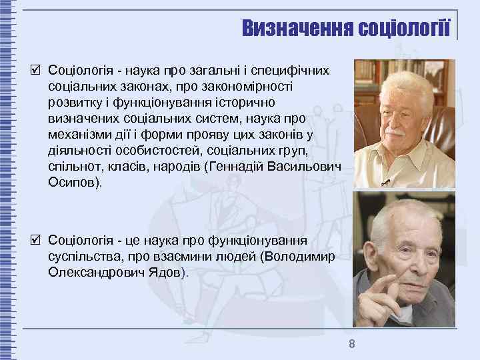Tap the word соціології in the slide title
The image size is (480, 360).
click(404, 28)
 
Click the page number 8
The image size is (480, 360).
click(351, 344)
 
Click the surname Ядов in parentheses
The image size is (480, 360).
click(161, 272)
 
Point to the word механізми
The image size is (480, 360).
click(79, 134)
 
